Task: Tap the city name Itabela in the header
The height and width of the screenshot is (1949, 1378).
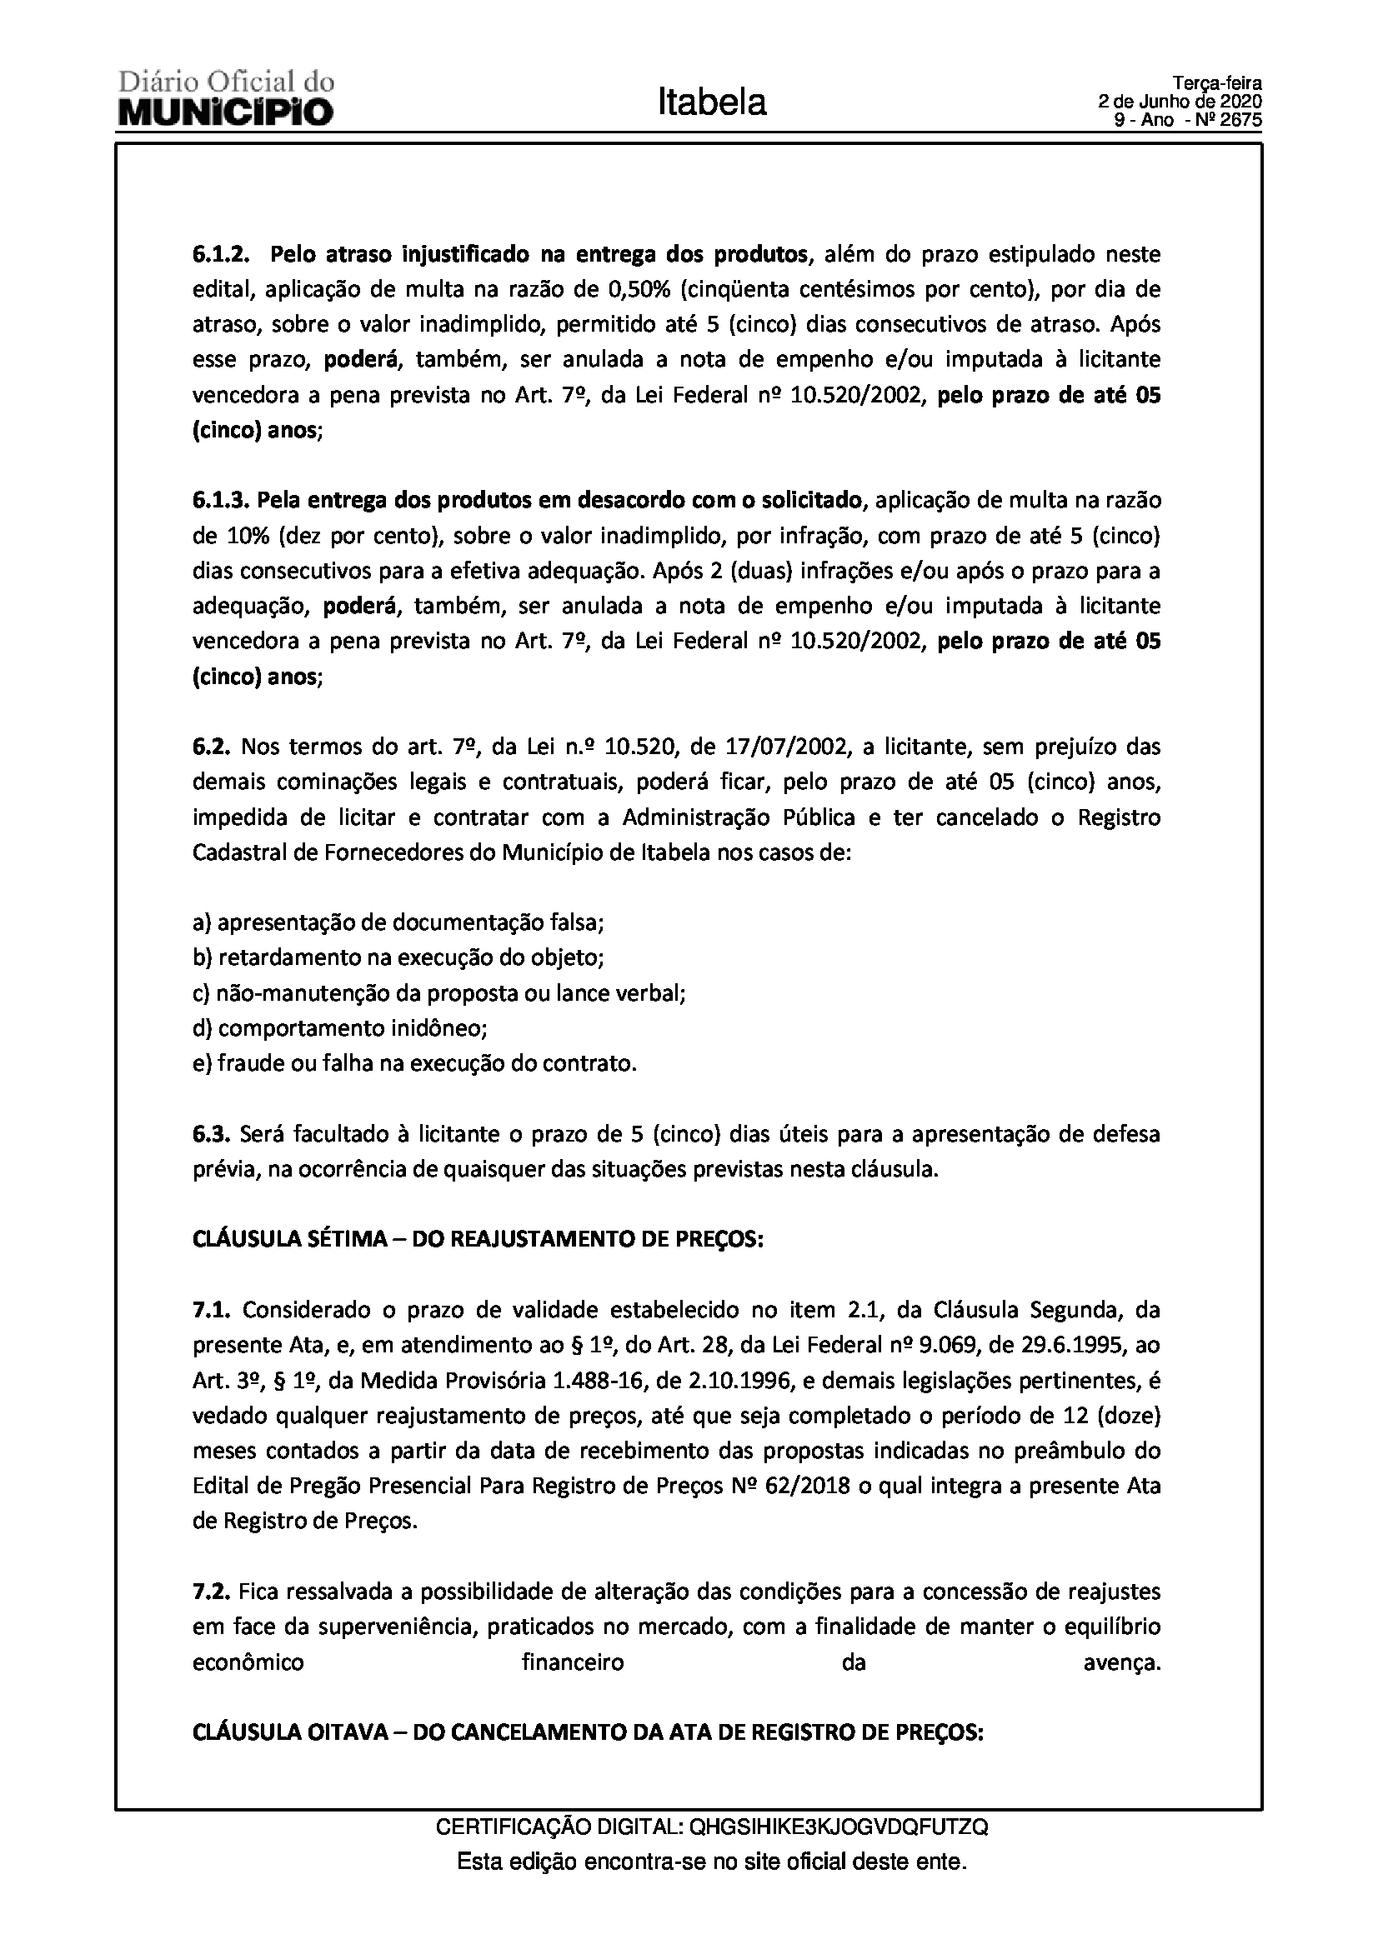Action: click(x=711, y=102)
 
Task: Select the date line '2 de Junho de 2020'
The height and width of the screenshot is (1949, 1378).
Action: click(x=1180, y=102)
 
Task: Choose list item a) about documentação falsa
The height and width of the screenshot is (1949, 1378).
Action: click(x=398, y=922)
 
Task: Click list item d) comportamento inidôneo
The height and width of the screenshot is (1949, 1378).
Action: click(x=339, y=1028)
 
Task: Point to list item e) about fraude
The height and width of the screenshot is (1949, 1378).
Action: click(x=414, y=1063)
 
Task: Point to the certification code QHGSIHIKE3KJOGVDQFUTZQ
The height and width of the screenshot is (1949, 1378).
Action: click(x=839, y=1826)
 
